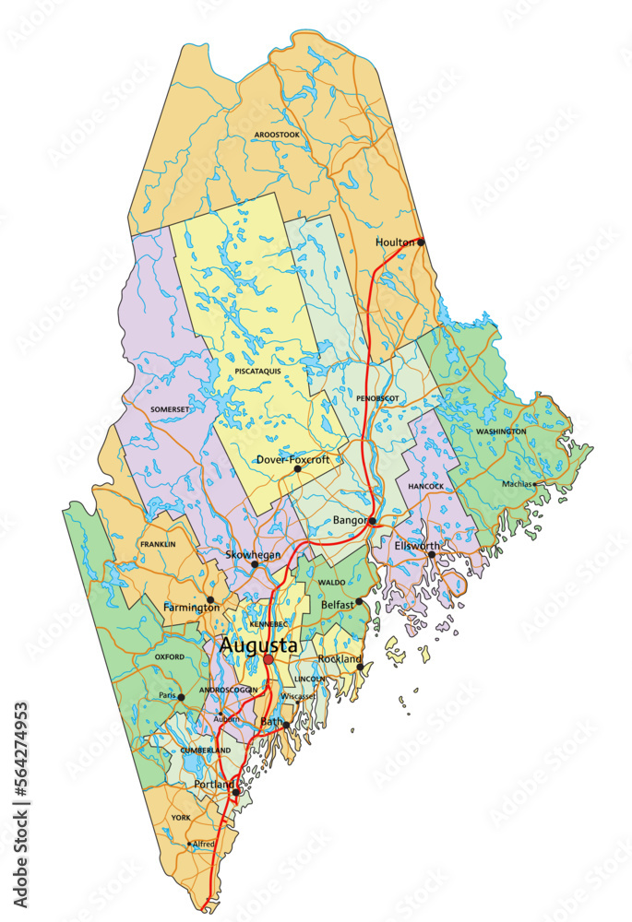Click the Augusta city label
[x=258, y=646]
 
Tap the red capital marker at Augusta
[x=268, y=660]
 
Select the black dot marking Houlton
[x=421, y=242]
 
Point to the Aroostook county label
[x=277, y=135]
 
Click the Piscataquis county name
[x=257, y=371]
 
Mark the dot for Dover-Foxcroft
[x=297, y=469]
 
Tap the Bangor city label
[x=351, y=521]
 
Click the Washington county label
[x=501, y=431]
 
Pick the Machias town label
[x=517, y=483]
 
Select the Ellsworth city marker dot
[x=431, y=555]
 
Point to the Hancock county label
[x=426, y=486]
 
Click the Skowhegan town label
[x=252, y=555]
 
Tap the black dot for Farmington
[x=210, y=599]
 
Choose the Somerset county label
[x=169, y=408]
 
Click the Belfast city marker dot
[x=360, y=602]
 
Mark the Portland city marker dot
[x=236, y=792]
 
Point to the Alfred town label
[x=204, y=844]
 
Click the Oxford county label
[x=170, y=656]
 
